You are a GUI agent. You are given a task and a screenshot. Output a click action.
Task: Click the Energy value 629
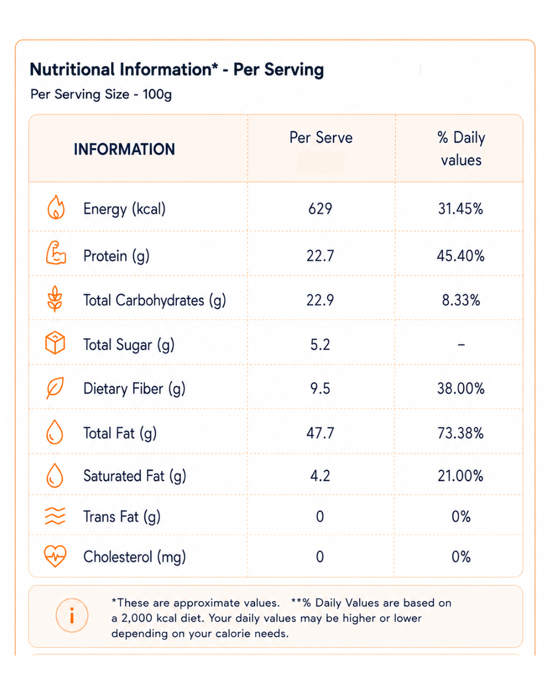pos(320,209)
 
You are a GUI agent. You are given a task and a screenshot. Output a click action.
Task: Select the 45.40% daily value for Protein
pos(460,255)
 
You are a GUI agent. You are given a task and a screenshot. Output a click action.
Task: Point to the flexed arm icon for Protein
pos(56,252)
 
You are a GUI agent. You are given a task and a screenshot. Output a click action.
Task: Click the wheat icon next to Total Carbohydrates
pos(55,298)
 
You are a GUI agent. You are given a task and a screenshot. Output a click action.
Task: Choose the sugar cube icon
pos(55,342)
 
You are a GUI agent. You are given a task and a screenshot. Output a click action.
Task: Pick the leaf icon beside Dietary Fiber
pos(55,388)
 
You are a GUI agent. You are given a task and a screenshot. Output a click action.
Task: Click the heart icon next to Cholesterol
pos(55,556)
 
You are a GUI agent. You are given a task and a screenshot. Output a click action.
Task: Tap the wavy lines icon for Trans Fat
pos(55,516)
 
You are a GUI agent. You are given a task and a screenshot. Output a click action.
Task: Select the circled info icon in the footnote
pos(72,615)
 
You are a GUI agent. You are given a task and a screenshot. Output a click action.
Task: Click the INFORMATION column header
pos(124,149)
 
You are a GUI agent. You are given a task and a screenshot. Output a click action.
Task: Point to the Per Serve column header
pos(321,137)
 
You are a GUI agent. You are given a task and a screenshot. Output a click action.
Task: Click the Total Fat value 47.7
pos(320,433)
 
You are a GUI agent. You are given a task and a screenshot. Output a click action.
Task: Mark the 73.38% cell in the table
pos(460,433)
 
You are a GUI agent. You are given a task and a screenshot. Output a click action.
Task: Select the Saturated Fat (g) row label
pos(134,476)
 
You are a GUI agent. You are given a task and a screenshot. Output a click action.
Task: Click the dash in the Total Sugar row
pos(461,345)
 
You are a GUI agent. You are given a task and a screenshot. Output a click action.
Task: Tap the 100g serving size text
pos(157,94)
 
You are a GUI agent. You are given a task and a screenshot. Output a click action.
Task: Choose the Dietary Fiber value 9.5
pos(320,389)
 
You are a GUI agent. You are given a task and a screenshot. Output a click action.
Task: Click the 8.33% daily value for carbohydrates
pos(461,300)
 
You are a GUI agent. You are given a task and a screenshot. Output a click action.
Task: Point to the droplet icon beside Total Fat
pos(55,432)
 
